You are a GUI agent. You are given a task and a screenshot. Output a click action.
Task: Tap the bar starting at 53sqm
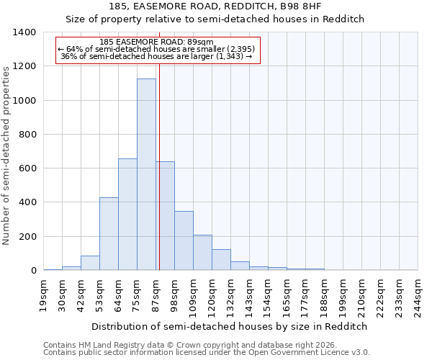(109, 234)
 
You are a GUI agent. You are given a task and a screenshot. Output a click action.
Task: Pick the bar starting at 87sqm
(165, 216)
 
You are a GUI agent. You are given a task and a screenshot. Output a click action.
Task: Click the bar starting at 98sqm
(184, 240)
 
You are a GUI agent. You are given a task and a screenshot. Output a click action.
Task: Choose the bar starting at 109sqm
(202, 253)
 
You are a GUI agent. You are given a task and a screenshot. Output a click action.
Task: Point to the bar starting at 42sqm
(90, 263)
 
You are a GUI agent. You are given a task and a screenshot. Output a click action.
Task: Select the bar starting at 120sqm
(221, 260)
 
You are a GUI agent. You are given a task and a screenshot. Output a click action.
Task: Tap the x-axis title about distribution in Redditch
(230, 326)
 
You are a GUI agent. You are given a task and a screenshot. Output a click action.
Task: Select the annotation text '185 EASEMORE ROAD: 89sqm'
(157, 42)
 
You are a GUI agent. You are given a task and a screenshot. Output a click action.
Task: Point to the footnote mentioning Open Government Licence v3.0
(207, 353)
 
